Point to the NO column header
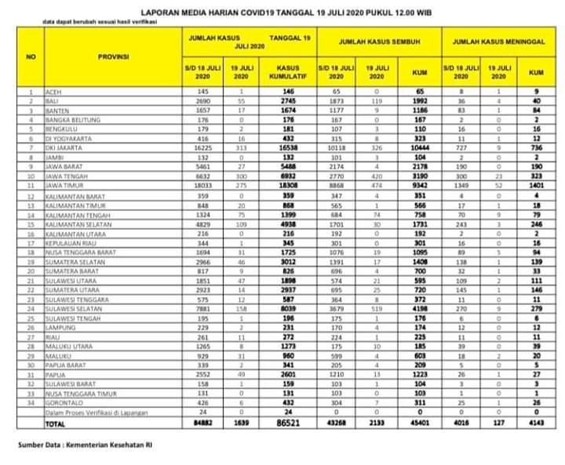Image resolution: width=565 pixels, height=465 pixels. tap(31, 57)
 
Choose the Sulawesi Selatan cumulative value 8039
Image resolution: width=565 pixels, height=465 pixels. tap(288, 308)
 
